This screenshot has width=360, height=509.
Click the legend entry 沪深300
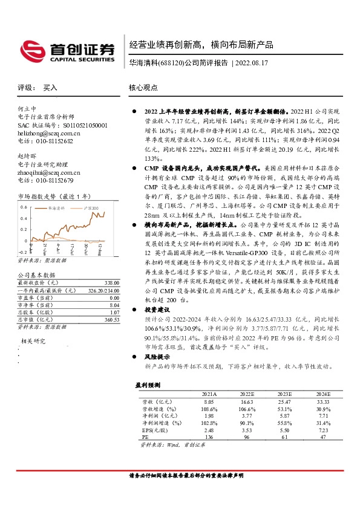pyautogui.click(x=87, y=207)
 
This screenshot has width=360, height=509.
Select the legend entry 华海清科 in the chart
pyautogui.click(x=57, y=207)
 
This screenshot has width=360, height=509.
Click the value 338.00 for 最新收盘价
pyautogui.click(x=111, y=282)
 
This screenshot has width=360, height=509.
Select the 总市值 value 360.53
pyautogui.click(x=111, y=319)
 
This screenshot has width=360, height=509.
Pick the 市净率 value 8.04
pyautogui.click(x=113, y=305)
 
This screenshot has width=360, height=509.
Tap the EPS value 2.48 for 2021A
pyautogui.click(x=209, y=429)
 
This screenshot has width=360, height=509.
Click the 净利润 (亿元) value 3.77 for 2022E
pyautogui.click(x=247, y=415)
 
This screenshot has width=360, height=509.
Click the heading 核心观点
pyautogui.click(x=143, y=88)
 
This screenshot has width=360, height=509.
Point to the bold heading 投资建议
pyautogui.click(x=159, y=308)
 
